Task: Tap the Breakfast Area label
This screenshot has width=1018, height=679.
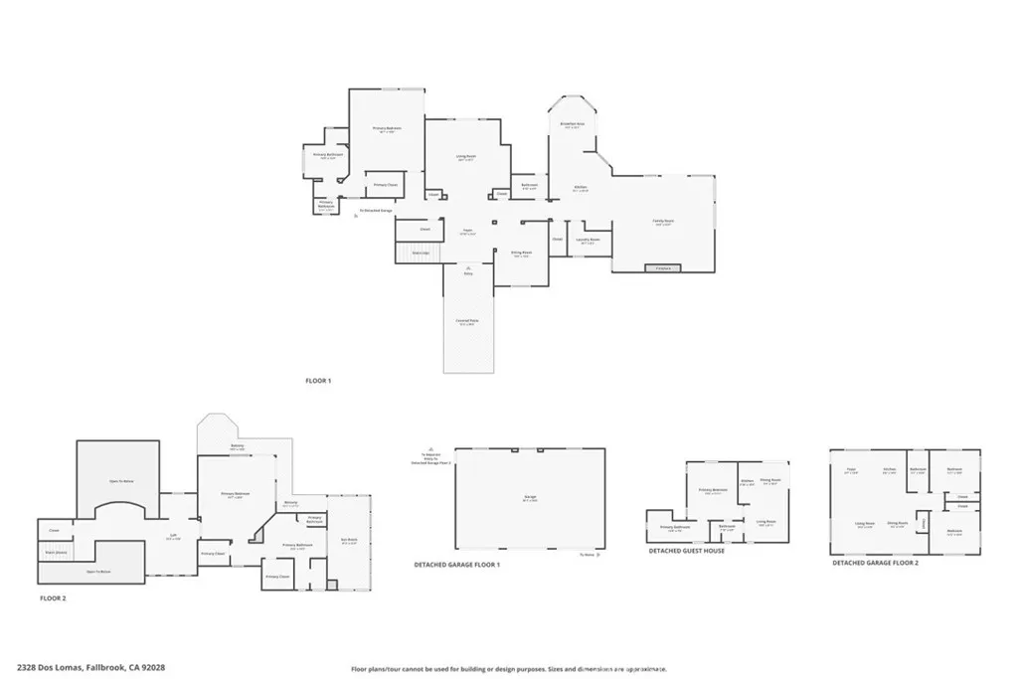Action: [x=571, y=125]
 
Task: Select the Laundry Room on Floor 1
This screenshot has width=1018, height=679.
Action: [x=589, y=241]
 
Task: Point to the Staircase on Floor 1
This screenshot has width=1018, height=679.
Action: [x=421, y=254]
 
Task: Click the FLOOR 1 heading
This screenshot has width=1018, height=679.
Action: [x=318, y=381]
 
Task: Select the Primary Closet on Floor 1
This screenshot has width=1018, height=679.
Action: [x=386, y=186]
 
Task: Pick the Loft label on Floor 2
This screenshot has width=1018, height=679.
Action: [x=173, y=535]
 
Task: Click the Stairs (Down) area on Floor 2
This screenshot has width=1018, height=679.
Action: [x=56, y=552]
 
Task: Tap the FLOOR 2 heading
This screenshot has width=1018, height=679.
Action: [x=53, y=599]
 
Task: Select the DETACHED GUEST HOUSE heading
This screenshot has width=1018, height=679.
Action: [x=687, y=551]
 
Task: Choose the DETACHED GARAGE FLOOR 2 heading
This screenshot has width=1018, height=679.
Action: [x=875, y=563]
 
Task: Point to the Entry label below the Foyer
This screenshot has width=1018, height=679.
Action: [x=468, y=272]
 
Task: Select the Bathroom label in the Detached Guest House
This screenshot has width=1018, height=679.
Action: [x=727, y=528]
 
